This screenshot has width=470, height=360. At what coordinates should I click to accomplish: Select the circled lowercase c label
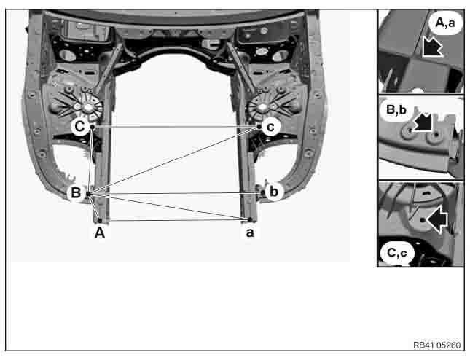tap(270, 127)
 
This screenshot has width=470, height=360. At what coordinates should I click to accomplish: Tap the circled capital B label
tap(75, 193)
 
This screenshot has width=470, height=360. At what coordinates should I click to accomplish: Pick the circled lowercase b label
tap(273, 192)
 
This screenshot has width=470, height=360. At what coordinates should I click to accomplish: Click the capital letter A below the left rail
tap(100, 234)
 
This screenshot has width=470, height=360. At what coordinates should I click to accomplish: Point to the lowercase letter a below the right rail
tap(249, 234)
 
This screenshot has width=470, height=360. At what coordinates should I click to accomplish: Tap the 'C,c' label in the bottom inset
tap(398, 252)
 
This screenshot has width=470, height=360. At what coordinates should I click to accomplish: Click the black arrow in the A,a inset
tap(432, 49)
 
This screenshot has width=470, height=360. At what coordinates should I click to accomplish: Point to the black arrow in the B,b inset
tap(421, 123)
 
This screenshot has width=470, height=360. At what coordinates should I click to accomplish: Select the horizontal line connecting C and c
tap(175, 127)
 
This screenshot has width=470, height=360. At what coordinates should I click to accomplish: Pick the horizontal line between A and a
tap(175, 220)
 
